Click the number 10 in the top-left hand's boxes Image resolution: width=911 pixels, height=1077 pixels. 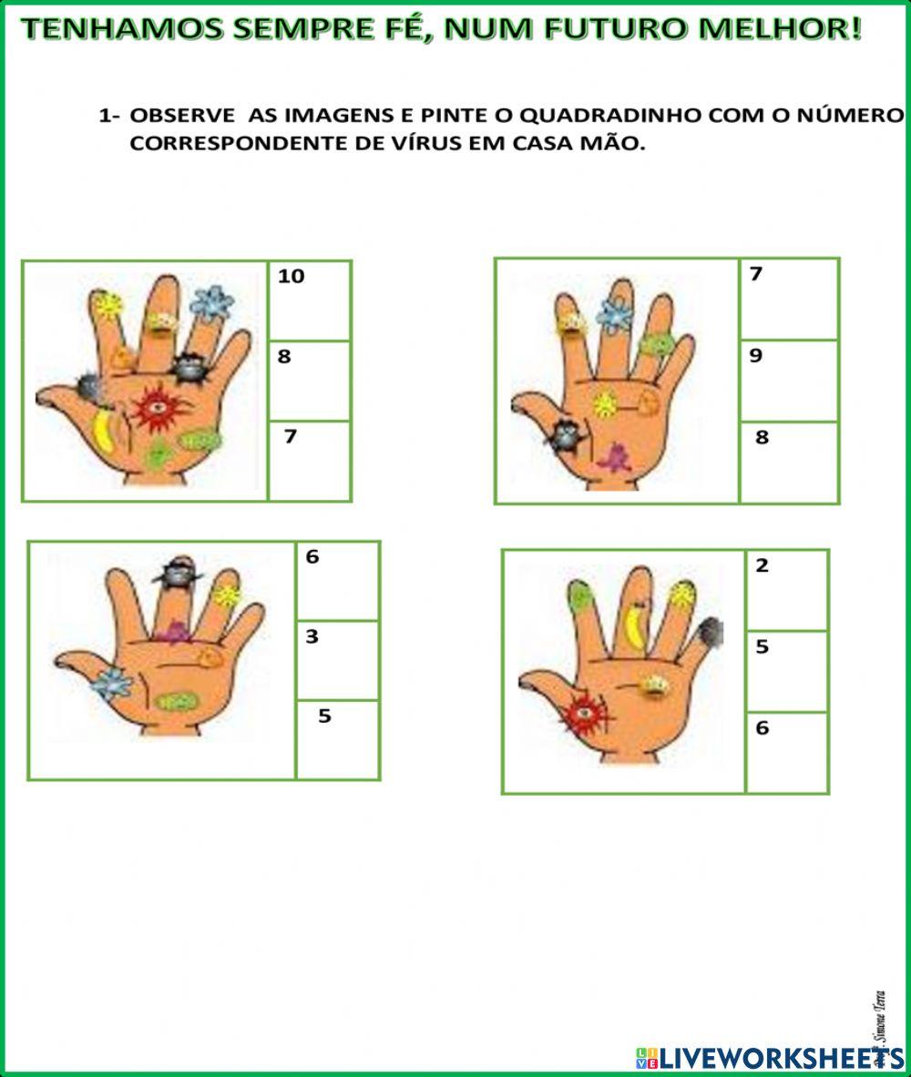click(x=291, y=277)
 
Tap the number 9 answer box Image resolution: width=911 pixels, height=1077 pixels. click(x=788, y=380)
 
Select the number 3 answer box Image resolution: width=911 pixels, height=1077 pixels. click(x=337, y=660)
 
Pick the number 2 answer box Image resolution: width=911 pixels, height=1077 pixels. click(x=786, y=590)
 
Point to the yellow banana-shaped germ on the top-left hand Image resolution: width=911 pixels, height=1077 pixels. click(x=105, y=430)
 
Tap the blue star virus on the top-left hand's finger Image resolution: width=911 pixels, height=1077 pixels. click(x=212, y=303)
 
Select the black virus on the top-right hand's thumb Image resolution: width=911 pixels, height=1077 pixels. click(x=567, y=434)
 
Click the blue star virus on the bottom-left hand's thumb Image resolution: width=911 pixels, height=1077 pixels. click(x=111, y=684)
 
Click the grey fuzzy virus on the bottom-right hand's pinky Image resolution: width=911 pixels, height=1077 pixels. click(x=710, y=631)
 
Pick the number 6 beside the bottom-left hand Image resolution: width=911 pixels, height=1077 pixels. click(x=312, y=556)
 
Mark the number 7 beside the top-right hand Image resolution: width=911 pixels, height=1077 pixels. click(x=755, y=273)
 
